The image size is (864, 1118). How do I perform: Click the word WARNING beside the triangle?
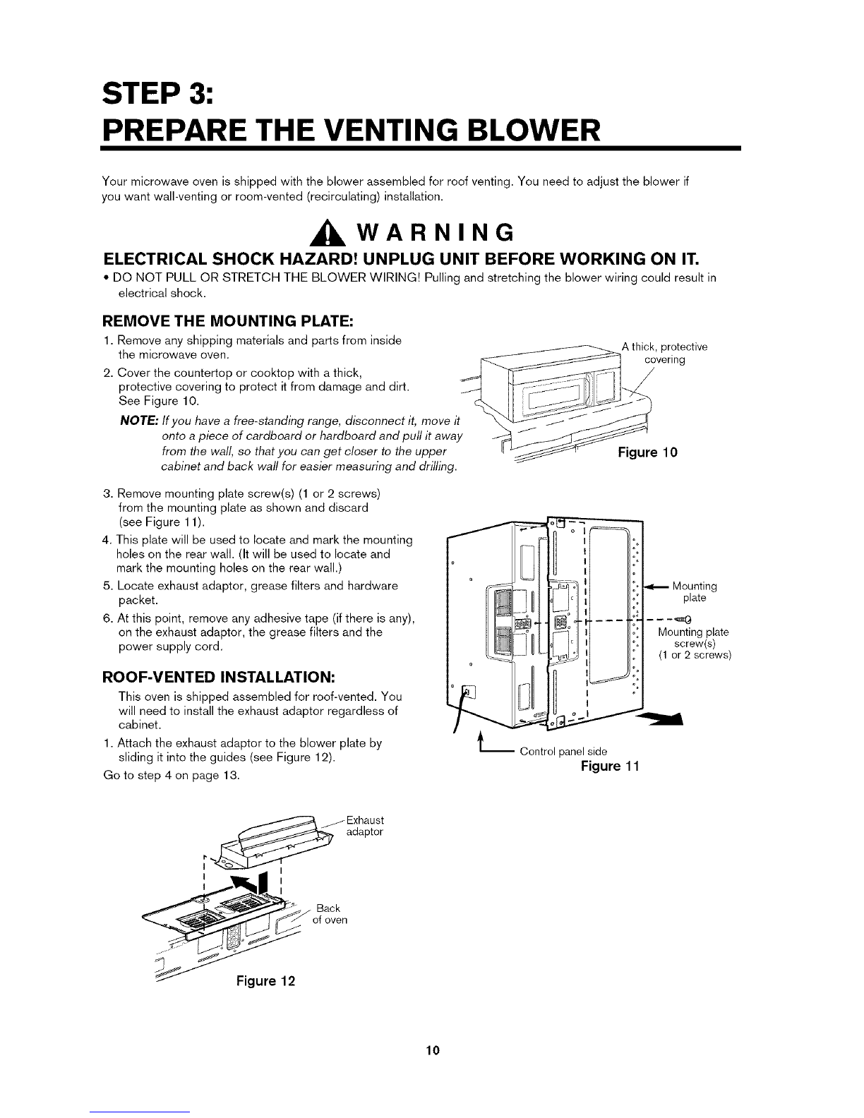[x=436, y=232]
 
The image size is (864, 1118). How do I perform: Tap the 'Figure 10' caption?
[x=647, y=452]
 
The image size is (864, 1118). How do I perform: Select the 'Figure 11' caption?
[x=610, y=766]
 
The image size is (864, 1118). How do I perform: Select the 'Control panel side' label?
[x=563, y=752]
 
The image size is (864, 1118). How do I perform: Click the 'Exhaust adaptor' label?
[x=365, y=826]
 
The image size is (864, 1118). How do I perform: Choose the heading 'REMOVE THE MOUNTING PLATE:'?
[x=227, y=321]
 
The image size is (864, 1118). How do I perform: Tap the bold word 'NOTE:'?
[x=139, y=421]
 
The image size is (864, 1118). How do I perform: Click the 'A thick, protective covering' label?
[x=664, y=353]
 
